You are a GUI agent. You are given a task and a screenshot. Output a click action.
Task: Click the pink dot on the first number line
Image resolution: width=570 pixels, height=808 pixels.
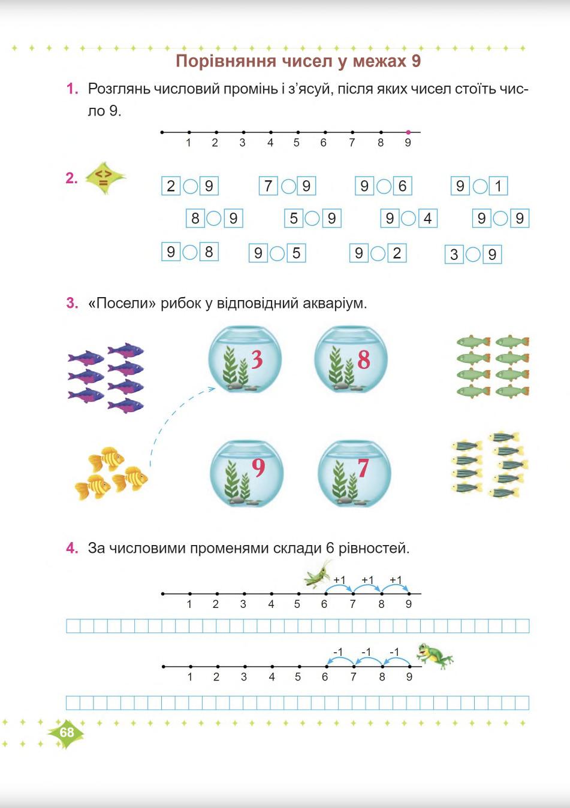tap(408, 132)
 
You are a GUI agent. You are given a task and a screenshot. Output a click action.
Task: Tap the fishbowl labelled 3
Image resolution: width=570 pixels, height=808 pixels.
tap(245, 359)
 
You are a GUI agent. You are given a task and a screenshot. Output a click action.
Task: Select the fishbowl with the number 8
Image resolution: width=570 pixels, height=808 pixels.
tap(351, 359)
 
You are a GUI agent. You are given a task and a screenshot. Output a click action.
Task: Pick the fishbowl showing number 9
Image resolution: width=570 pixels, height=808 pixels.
tap(246, 474)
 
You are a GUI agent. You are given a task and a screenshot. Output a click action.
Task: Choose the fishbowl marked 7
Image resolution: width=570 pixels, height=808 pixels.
tap(354, 474)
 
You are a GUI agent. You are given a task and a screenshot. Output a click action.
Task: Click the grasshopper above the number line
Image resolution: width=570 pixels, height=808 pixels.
tap(318, 574)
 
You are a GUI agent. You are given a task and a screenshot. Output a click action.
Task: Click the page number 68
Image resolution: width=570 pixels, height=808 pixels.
tap(67, 733)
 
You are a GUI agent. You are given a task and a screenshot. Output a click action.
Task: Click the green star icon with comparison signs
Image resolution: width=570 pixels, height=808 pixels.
tap(104, 178)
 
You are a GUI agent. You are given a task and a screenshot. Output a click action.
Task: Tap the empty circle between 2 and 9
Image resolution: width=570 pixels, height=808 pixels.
tap(190, 186)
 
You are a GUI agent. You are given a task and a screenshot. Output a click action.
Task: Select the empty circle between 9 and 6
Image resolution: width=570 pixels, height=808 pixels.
tap(384, 186)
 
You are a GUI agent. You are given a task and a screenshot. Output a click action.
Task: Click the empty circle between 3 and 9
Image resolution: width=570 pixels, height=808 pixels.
tap(473, 255)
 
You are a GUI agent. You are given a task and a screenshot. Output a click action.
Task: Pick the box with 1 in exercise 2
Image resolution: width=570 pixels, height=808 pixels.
tap(498, 186)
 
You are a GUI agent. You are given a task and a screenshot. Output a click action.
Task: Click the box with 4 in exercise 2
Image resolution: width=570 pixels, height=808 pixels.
tap(427, 219)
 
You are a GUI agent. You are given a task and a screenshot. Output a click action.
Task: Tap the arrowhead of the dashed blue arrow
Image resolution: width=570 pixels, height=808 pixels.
tap(212, 389)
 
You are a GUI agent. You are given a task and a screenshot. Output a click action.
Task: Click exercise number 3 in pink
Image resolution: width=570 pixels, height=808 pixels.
tap(72, 303)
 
